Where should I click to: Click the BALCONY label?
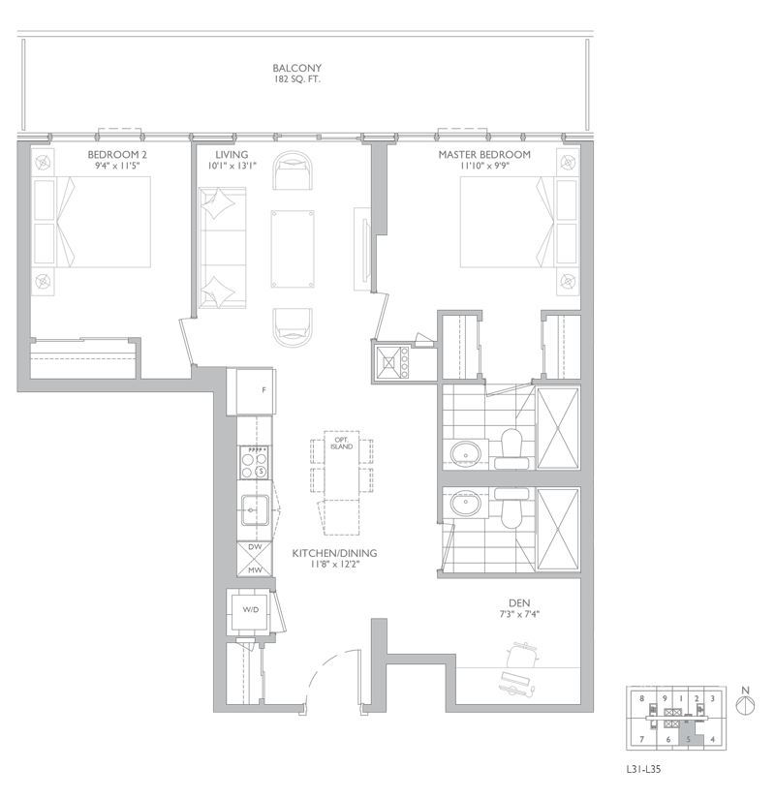click(x=296, y=69)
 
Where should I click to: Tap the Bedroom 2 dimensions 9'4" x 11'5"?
click(x=117, y=166)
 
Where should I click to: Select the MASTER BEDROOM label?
click(x=484, y=154)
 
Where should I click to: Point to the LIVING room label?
click(x=232, y=154)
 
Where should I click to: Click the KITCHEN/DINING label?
click(x=334, y=553)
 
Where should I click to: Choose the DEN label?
click(x=519, y=603)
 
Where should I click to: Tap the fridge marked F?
click(x=257, y=391)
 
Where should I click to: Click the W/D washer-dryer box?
click(x=250, y=609)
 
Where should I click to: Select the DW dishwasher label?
click(x=255, y=547)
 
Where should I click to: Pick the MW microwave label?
click(x=255, y=569)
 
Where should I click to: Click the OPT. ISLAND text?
click(x=342, y=443)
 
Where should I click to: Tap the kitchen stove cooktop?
click(x=256, y=462)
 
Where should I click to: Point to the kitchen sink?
click(x=255, y=510)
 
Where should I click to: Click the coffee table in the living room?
click(x=293, y=249)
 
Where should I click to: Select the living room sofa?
click(x=222, y=248)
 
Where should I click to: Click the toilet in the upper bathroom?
click(x=511, y=448)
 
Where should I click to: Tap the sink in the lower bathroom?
click(x=466, y=504)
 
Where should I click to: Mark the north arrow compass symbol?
click(x=746, y=705)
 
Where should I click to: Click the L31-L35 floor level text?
click(x=643, y=769)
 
